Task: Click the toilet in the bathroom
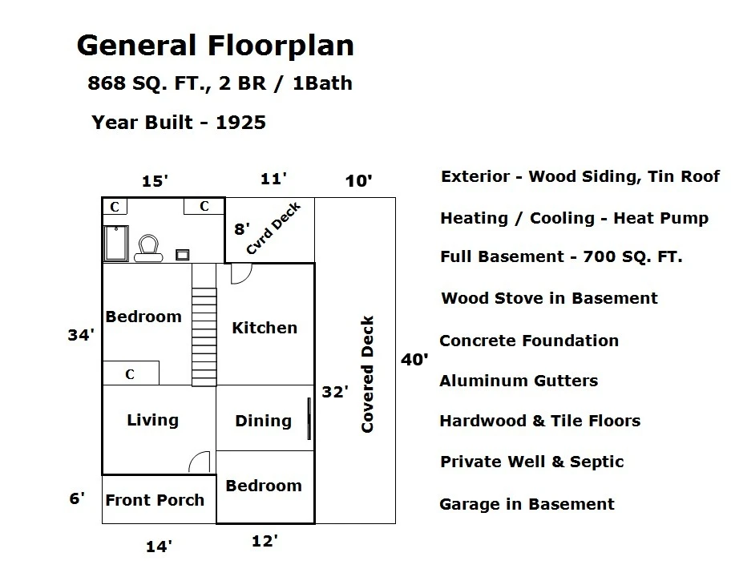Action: point(149,248)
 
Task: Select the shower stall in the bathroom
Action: point(116,244)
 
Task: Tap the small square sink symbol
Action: point(182,255)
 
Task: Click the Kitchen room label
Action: point(265,328)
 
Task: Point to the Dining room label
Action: point(264,421)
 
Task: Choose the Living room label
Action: point(152,420)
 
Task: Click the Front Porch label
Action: point(155,500)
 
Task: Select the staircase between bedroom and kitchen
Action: point(204,337)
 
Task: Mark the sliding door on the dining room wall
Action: point(309,418)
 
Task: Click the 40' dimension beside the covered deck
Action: point(414,359)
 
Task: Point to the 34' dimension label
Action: point(81,335)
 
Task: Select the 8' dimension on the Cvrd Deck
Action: point(242,228)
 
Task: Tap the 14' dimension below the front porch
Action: point(159,547)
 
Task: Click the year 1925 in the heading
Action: point(240,122)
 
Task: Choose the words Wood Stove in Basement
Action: point(549,298)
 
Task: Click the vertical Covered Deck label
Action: point(367,374)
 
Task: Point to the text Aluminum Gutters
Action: point(519,381)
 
